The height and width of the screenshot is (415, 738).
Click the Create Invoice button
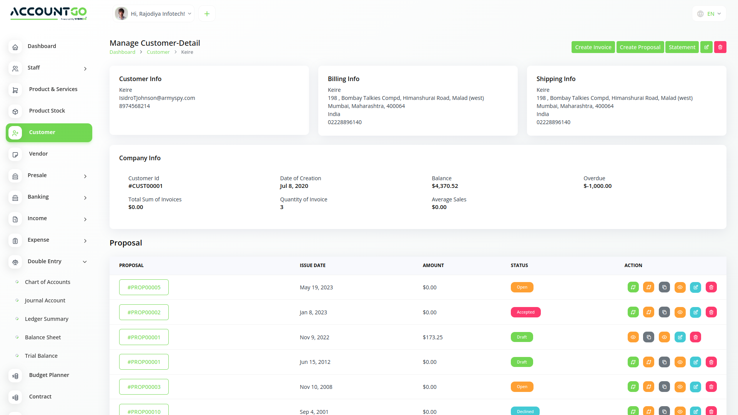(x=593, y=47)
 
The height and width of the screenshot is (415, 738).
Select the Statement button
(x=681, y=47)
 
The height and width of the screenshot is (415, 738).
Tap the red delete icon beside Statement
(x=720, y=47)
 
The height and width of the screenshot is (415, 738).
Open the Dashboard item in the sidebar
(x=42, y=46)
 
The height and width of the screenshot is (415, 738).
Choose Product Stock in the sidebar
(x=47, y=111)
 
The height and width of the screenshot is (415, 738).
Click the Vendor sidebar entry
(x=38, y=154)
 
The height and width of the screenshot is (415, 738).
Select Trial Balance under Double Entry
(x=41, y=356)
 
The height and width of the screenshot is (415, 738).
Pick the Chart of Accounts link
(x=48, y=282)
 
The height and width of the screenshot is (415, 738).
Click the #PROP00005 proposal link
(x=144, y=287)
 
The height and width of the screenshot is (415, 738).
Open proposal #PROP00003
(x=144, y=387)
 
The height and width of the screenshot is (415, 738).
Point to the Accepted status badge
(x=525, y=312)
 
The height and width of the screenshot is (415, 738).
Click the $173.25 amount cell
(x=432, y=337)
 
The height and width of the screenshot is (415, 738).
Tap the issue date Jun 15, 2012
(x=315, y=362)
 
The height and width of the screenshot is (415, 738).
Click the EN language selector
(x=709, y=14)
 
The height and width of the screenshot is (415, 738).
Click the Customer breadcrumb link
(x=158, y=52)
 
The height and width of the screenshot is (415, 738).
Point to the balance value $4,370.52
(x=445, y=186)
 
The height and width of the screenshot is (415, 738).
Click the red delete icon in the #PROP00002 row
(x=711, y=312)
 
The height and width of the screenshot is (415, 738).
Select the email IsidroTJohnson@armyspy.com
(x=157, y=98)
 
